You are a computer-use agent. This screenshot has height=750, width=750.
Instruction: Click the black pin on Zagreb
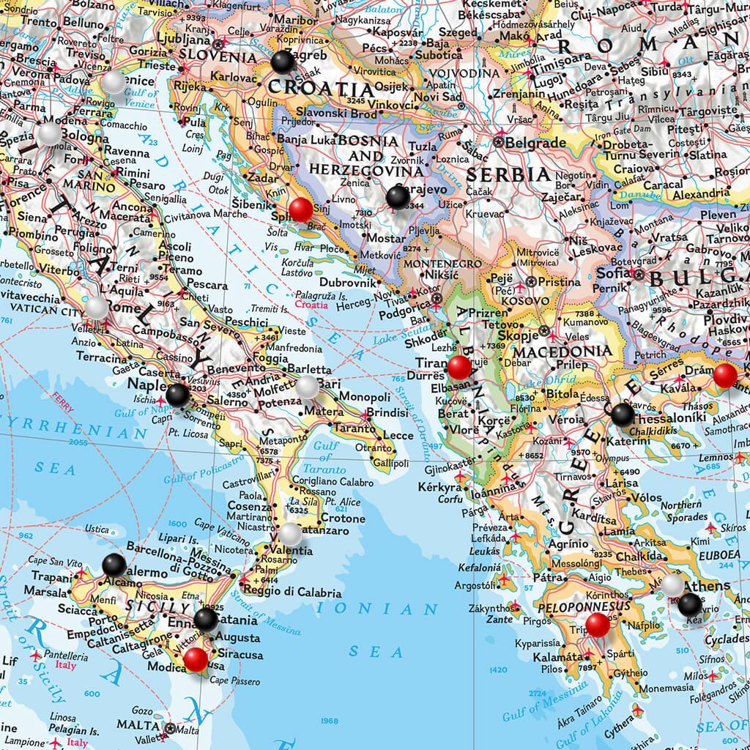coord(281,63)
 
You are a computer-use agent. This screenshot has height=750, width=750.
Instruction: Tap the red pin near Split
coord(300,210)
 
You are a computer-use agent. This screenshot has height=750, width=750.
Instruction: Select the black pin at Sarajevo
coord(397,196)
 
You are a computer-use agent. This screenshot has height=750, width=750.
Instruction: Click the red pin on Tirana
coord(459,367)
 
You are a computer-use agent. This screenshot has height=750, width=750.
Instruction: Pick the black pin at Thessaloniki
coord(622,415)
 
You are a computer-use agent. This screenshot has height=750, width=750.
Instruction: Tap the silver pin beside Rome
coord(97,308)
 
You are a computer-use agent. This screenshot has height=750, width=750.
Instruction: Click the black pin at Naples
coord(177,396)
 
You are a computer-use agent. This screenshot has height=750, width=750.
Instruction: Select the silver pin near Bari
coord(307,386)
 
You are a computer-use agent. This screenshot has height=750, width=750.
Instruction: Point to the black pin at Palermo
coord(114,565)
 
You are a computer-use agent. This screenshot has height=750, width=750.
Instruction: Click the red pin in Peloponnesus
coord(598,624)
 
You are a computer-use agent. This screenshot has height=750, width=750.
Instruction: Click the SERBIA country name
coord(508,175)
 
